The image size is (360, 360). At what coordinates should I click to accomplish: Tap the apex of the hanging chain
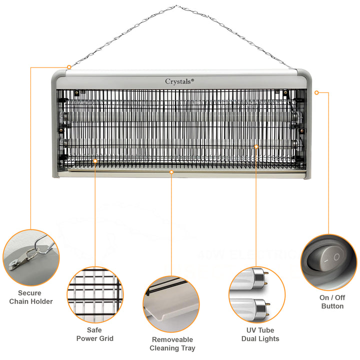pos(175,6)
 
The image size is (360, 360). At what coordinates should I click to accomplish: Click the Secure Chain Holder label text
pos(30,297)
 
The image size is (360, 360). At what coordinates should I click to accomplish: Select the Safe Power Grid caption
pos(94,334)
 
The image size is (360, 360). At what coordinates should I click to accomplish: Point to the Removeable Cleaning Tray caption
pos(172,343)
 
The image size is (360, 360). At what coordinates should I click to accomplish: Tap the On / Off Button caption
pos(332,301)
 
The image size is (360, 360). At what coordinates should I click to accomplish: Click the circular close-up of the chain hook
pos(31,257)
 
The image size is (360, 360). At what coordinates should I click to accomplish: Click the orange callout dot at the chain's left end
pos(69,66)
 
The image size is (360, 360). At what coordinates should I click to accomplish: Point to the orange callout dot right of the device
pos(316,92)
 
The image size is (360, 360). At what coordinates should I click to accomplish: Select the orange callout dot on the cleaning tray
pos(171,172)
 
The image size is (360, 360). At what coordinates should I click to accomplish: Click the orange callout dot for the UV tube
pos(256,146)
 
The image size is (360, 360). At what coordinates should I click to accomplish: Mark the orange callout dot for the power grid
pos(95,160)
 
